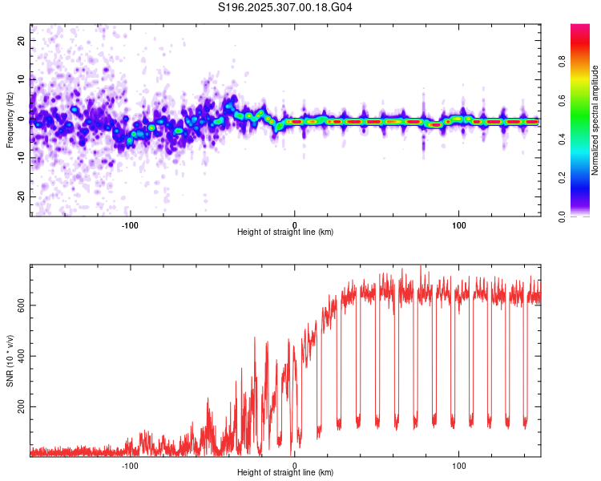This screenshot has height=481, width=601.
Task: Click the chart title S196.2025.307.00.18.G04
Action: click(285, 8)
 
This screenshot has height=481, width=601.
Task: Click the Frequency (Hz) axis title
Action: click(10, 119)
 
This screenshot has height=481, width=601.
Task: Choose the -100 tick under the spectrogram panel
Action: click(130, 224)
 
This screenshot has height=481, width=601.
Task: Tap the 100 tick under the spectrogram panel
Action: click(459, 224)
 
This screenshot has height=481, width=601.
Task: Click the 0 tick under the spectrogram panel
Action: click(295, 224)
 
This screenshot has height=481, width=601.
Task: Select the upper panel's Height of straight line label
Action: click(285, 232)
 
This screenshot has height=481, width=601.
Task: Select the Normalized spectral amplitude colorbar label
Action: click(595, 120)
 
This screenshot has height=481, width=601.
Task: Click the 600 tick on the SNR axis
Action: click(20, 305)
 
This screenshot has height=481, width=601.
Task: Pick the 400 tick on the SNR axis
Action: click(20, 356)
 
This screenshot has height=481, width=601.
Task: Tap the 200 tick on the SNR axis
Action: click(20, 407)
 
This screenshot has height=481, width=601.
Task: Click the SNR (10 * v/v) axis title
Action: click(10, 361)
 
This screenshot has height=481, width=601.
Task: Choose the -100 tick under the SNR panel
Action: click(130, 465)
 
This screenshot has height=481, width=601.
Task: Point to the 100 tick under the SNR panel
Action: click(459, 465)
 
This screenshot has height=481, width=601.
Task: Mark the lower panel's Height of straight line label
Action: click(285, 474)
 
